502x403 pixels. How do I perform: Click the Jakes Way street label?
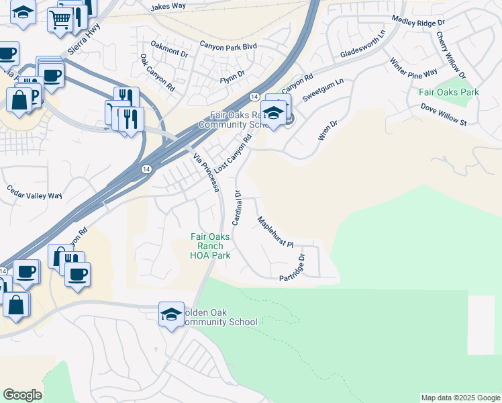pyautogui.click(x=168, y=6)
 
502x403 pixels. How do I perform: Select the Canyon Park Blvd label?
pyautogui.click(x=228, y=46)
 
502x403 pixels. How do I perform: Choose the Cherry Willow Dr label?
pyautogui.click(x=450, y=53)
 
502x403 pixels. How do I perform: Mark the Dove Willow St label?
pyautogui.click(x=443, y=114)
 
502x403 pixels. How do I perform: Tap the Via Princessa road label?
pyautogui.click(x=207, y=173)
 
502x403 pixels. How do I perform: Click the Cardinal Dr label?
pyautogui.click(x=237, y=207)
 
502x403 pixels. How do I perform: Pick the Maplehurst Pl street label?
pyautogui.click(x=276, y=232)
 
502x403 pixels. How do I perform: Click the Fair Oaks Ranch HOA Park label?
pyautogui.click(x=211, y=246)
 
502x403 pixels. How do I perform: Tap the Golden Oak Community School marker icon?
pyautogui.click(x=171, y=314)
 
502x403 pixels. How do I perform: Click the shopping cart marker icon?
pyautogui.click(x=60, y=20)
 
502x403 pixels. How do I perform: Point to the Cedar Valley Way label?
pyautogui.click(x=34, y=195)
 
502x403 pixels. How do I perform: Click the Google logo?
pyautogui.click(x=22, y=395)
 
